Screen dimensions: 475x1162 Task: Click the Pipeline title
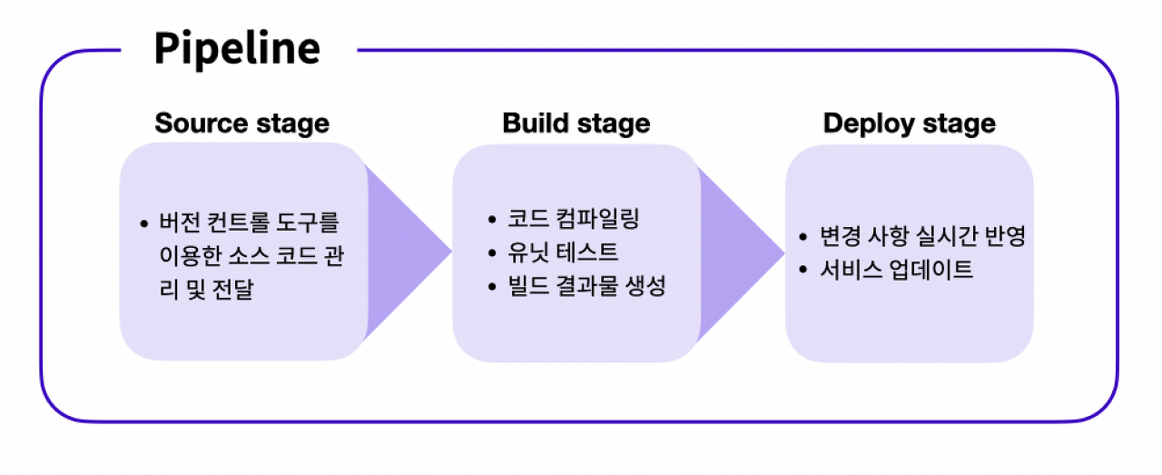click(x=237, y=48)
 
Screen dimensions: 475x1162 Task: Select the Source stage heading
click(x=241, y=124)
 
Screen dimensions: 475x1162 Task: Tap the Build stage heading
click(x=576, y=124)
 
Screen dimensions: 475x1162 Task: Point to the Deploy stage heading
click(x=909, y=124)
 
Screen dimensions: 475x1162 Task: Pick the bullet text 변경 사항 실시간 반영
click(x=922, y=236)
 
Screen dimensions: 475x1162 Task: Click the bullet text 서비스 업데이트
click(x=896, y=270)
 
